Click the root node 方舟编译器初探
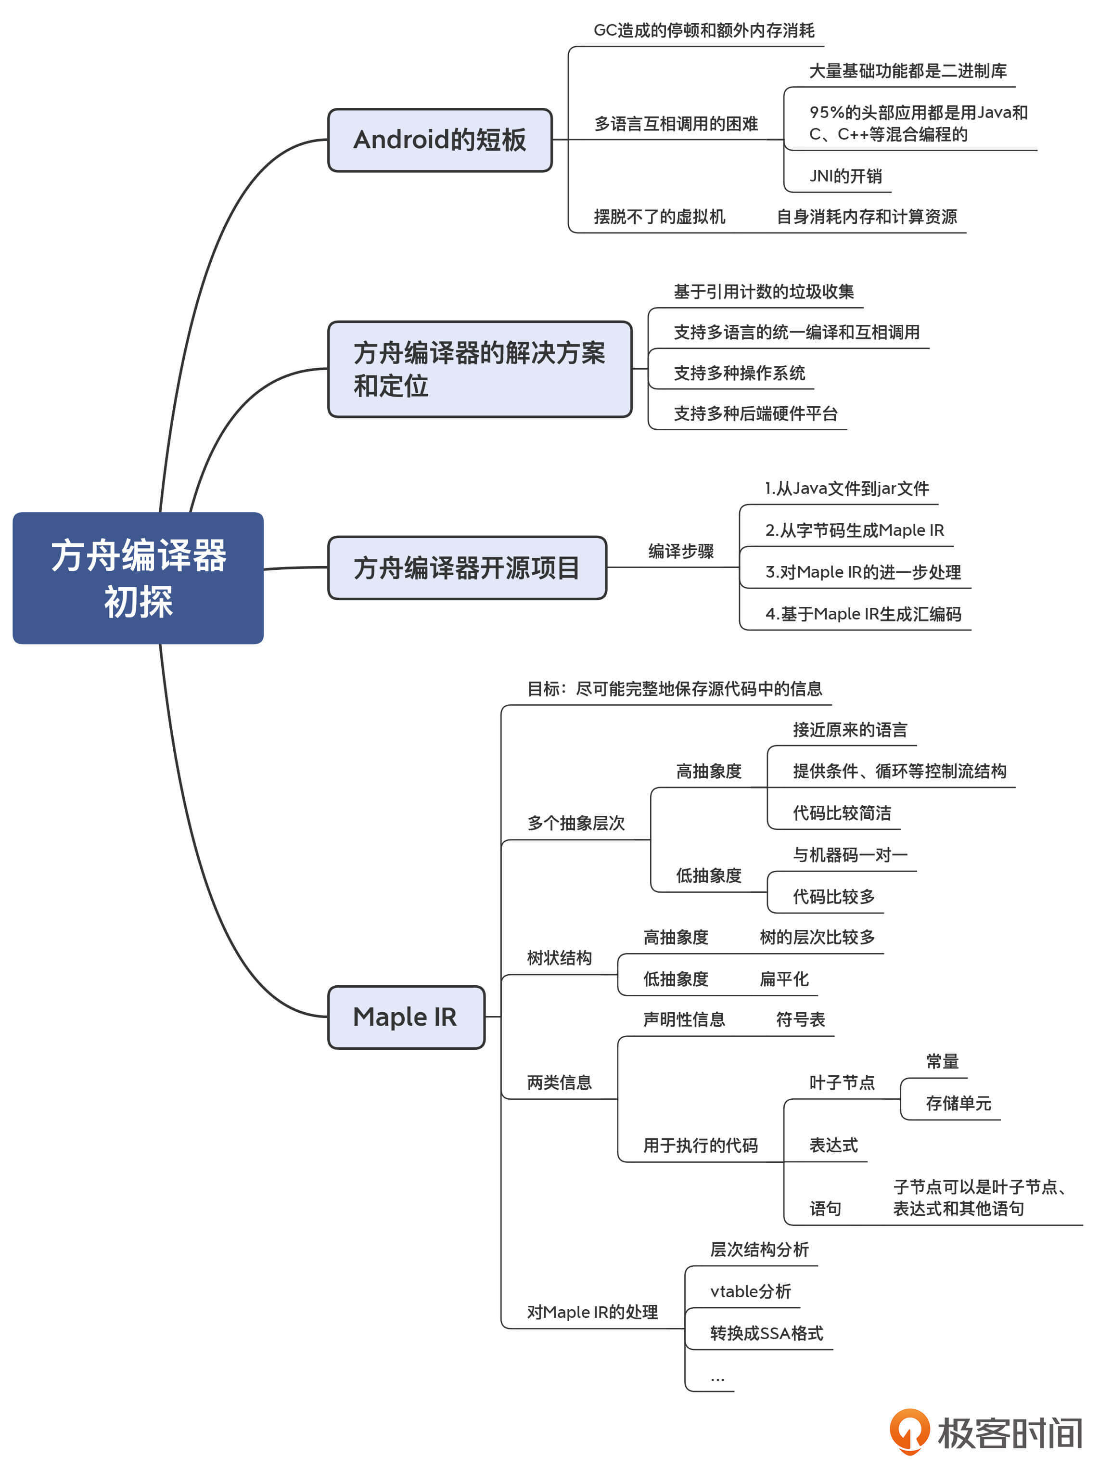tap(138, 577)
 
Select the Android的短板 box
tap(440, 140)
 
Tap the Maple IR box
tap(406, 1016)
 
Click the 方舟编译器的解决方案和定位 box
tap(479, 369)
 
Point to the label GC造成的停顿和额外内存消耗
tap(703, 30)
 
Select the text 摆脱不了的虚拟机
tap(659, 217)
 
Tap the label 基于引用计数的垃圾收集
tap(763, 292)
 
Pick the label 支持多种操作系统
tap(739, 373)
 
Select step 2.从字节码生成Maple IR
tap(854, 530)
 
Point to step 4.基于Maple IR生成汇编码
tap(863, 614)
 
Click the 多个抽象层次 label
tap(576, 823)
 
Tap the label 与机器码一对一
tap(849, 855)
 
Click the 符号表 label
tap(800, 1019)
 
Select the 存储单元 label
tap(958, 1103)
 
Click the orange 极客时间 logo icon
tap(909, 1431)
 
